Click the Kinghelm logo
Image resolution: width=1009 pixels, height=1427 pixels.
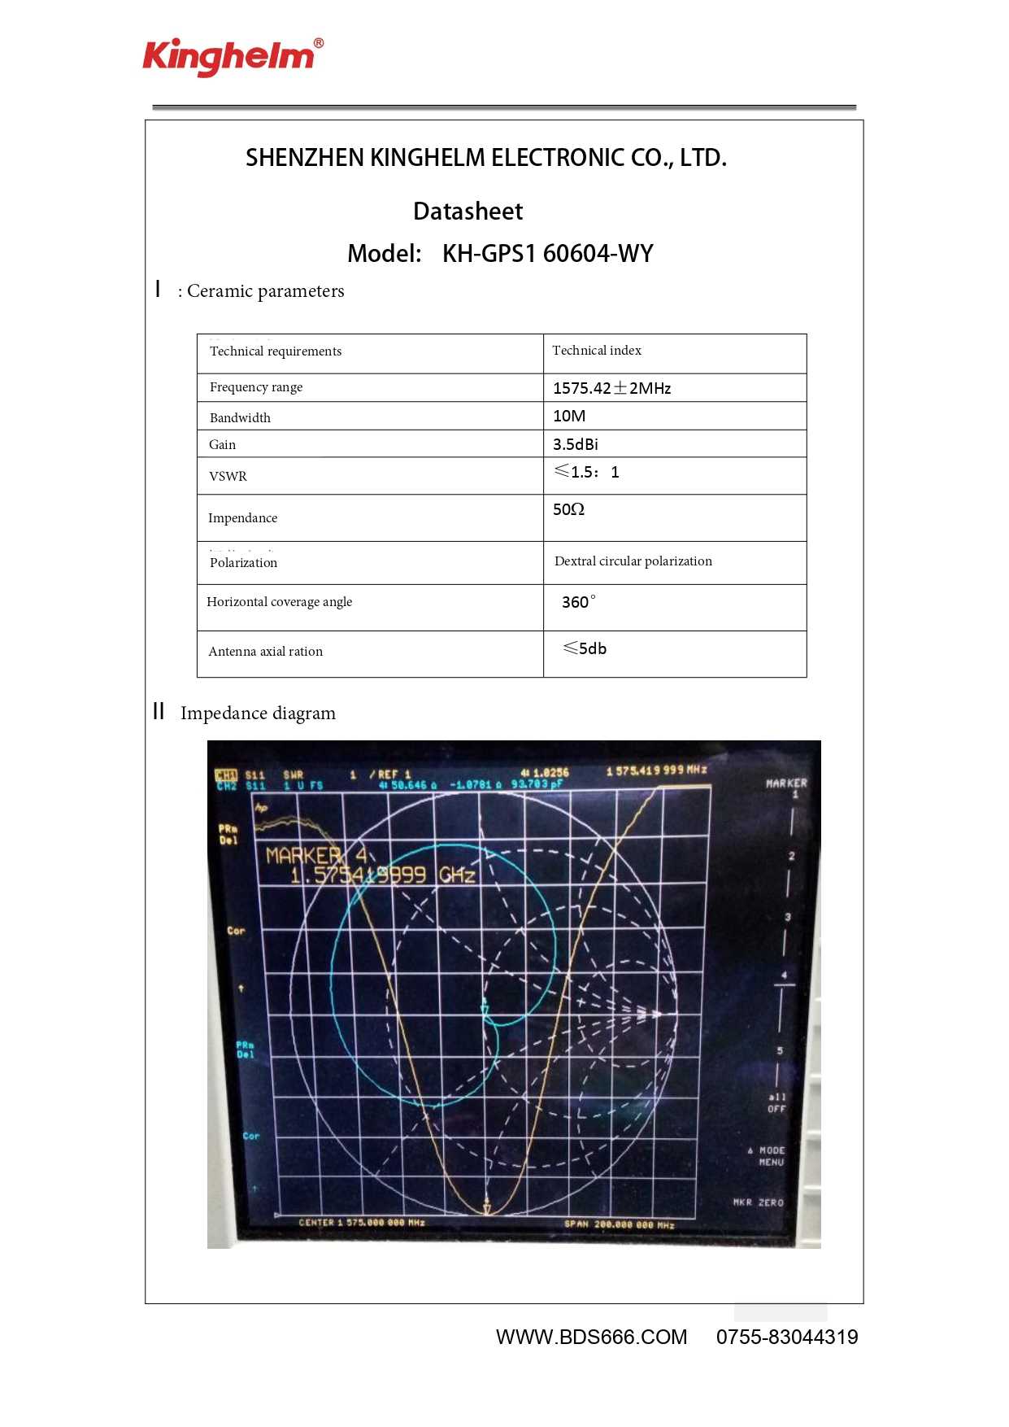(x=233, y=56)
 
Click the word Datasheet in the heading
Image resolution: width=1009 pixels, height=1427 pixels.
(x=468, y=212)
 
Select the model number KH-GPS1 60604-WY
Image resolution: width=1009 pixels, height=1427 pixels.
(x=547, y=254)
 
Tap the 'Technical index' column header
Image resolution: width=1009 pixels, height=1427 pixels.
(x=596, y=351)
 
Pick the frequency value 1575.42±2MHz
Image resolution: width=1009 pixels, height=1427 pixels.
(x=611, y=388)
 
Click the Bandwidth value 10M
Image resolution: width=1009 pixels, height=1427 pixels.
(x=569, y=417)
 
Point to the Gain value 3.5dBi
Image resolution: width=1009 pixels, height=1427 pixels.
(x=575, y=444)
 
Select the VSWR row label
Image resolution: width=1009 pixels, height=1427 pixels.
(x=228, y=477)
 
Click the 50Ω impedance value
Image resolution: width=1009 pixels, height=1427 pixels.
(x=568, y=510)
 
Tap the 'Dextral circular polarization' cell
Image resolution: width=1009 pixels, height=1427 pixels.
(x=633, y=561)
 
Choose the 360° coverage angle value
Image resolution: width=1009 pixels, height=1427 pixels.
(x=578, y=602)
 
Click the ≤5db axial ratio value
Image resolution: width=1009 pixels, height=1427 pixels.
(x=585, y=648)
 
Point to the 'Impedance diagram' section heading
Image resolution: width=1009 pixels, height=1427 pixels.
(x=258, y=713)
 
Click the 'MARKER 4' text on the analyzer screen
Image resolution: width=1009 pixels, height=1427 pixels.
(x=316, y=856)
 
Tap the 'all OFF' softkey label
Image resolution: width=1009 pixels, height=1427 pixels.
(x=776, y=1103)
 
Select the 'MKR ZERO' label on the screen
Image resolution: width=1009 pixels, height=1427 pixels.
(x=758, y=1202)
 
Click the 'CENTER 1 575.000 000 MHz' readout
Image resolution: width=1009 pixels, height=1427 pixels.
(x=362, y=1223)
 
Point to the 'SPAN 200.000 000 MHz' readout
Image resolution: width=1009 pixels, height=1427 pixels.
(x=619, y=1224)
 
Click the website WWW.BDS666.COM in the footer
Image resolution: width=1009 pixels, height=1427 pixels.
(x=591, y=1338)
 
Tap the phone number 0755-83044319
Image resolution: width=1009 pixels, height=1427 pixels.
(x=786, y=1338)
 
